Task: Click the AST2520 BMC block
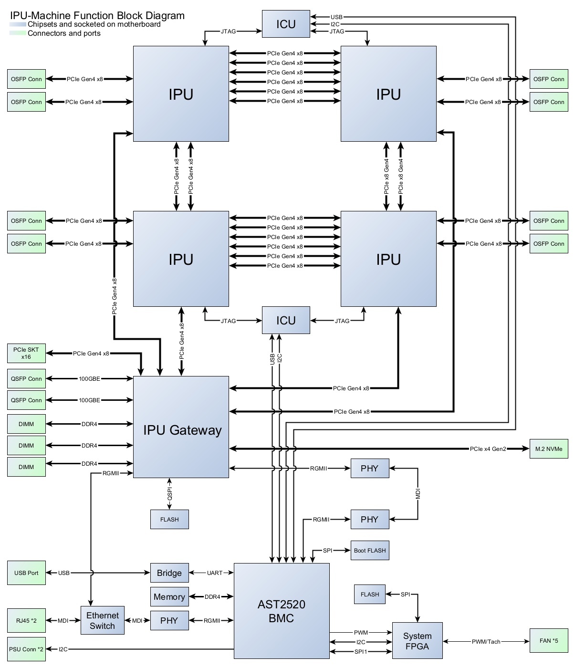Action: (x=282, y=611)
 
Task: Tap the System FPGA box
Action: (x=417, y=641)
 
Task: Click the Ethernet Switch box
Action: (x=102, y=620)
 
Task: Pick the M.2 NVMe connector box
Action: (x=549, y=449)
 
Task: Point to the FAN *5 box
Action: (x=549, y=641)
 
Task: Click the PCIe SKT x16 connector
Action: (x=26, y=353)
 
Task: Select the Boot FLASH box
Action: (x=370, y=551)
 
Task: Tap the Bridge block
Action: (x=169, y=573)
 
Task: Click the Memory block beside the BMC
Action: (x=169, y=597)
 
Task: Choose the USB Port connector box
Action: (x=26, y=573)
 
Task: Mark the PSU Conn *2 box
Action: (x=26, y=649)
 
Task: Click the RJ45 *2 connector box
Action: (x=26, y=621)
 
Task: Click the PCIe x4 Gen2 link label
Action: (x=488, y=449)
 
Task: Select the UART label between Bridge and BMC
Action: (x=215, y=573)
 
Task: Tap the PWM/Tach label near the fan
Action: (x=486, y=642)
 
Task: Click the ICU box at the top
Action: (x=286, y=24)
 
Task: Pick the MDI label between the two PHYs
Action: (x=418, y=494)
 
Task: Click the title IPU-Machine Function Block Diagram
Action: (x=97, y=15)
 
